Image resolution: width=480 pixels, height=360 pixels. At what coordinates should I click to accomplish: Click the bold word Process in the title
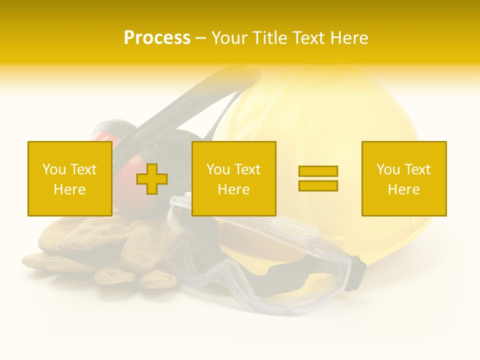click(x=157, y=38)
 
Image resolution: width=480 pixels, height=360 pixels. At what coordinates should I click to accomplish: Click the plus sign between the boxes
click(x=152, y=178)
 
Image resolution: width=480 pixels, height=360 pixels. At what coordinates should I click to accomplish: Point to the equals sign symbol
click(x=318, y=178)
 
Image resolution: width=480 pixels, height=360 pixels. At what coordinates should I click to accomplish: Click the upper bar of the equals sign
click(x=318, y=171)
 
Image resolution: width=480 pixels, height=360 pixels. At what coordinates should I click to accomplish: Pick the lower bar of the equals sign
click(x=318, y=186)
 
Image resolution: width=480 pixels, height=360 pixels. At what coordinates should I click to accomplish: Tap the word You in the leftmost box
click(x=54, y=169)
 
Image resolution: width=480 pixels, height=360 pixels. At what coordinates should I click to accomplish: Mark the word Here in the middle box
click(x=233, y=189)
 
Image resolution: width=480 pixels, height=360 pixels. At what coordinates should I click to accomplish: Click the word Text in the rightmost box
click(x=418, y=169)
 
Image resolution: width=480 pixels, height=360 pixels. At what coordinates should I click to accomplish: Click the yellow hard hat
click(x=320, y=110)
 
